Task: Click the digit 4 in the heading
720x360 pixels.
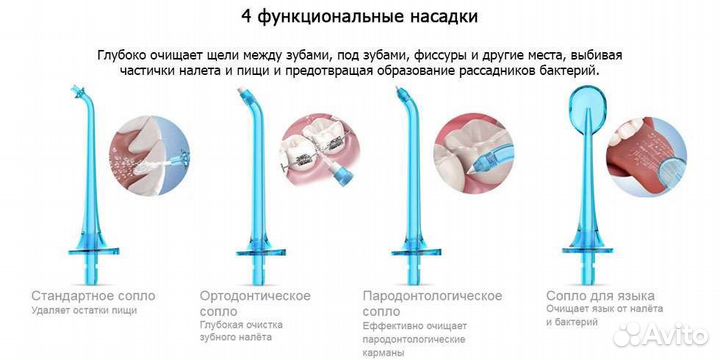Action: tap(246, 18)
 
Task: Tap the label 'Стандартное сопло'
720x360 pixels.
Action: tap(93, 296)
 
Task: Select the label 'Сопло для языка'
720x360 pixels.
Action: tap(601, 296)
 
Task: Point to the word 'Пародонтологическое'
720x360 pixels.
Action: tap(431, 296)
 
